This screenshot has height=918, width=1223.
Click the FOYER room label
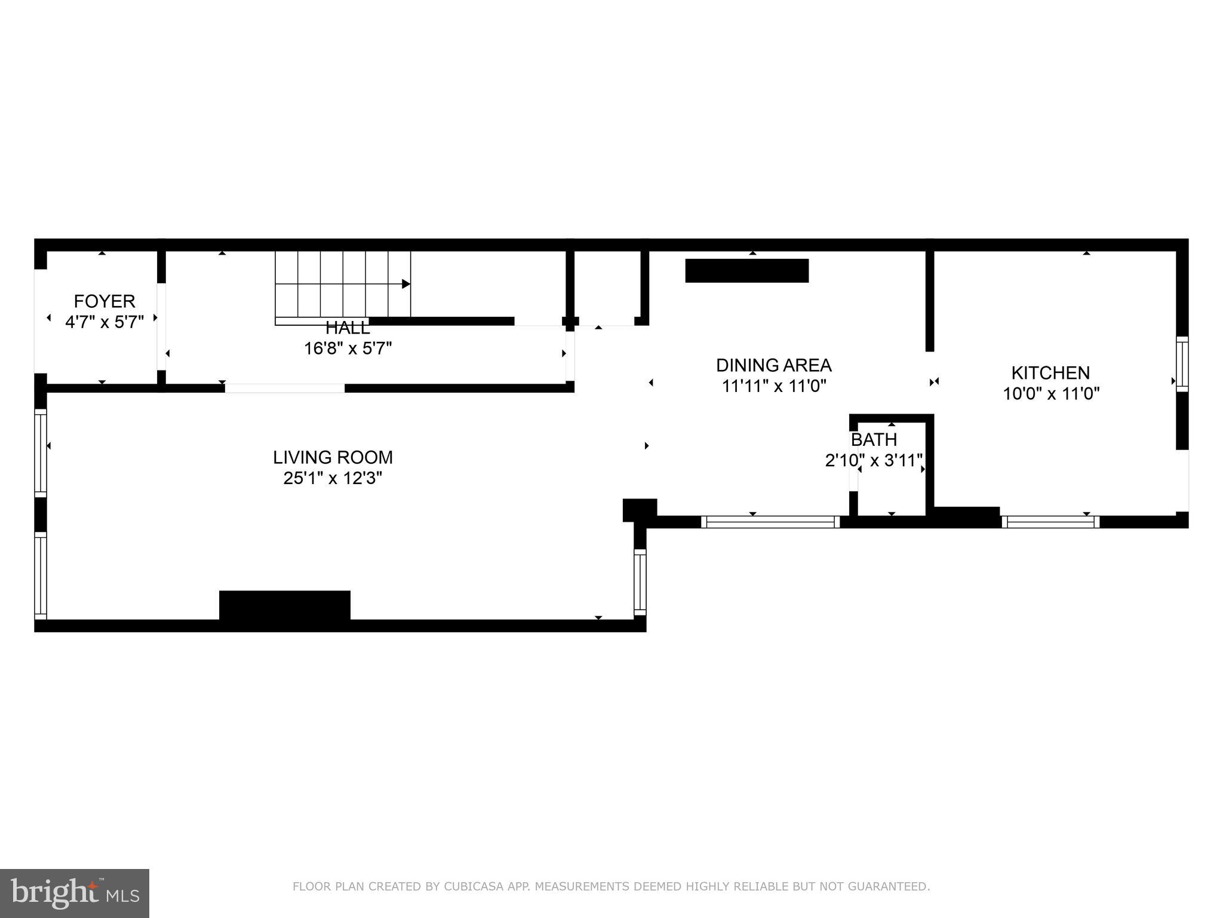click(x=105, y=301)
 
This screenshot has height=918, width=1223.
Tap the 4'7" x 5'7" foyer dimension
click(x=105, y=322)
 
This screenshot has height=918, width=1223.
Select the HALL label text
click(x=348, y=328)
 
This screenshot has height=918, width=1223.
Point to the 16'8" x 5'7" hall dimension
click(x=348, y=348)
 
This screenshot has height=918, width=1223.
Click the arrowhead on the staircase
click(x=406, y=284)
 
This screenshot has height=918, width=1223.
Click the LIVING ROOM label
click(x=333, y=457)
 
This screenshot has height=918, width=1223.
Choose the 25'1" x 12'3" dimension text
click(x=333, y=478)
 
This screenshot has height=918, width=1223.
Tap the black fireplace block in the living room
click(x=285, y=605)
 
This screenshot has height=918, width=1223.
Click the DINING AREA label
click(x=773, y=365)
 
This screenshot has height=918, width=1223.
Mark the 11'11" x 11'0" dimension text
click(x=773, y=386)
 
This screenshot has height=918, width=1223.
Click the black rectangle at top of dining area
click(x=746, y=271)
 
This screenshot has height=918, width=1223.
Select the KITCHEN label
click(x=1050, y=372)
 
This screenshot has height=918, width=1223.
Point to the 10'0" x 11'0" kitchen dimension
click(x=1050, y=393)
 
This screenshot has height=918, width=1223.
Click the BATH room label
click(x=874, y=439)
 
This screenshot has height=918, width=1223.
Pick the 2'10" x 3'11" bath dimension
click(x=874, y=461)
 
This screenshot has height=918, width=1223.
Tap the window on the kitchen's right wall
click(x=1182, y=364)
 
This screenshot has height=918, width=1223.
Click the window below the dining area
click(x=770, y=522)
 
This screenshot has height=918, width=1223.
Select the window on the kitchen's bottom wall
click(x=1050, y=522)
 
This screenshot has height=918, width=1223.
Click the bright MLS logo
click(x=75, y=893)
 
